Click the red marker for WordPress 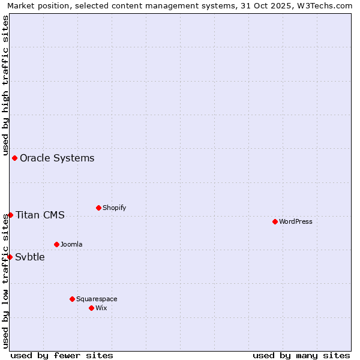pyautogui.click(x=275, y=221)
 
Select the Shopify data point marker pyautogui.click(x=98, y=208)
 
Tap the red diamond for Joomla pyautogui.click(x=56, y=244)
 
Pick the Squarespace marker pyautogui.click(x=72, y=299)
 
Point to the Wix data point pyautogui.click(x=91, y=308)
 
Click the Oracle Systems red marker pyautogui.click(x=14, y=158)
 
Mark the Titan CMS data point pyautogui.click(x=10, y=215)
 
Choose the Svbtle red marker pyautogui.click(x=10, y=257)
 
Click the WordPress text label pyautogui.click(x=296, y=221)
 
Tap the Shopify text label pyautogui.click(x=114, y=208)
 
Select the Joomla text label pyautogui.click(x=71, y=244)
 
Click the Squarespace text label pyautogui.click(x=97, y=299)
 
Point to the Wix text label pyautogui.click(x=101, y=308)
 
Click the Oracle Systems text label pyautogui.click(x=57, y=158)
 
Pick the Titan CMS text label pyautogui.click(x=40, y=215)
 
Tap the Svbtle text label pyautogui.click(x=30, y=257)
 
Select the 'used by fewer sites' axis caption pyautogui.click(x=62, y=355)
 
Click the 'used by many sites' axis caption pyautogui.click(x=301, y=355)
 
